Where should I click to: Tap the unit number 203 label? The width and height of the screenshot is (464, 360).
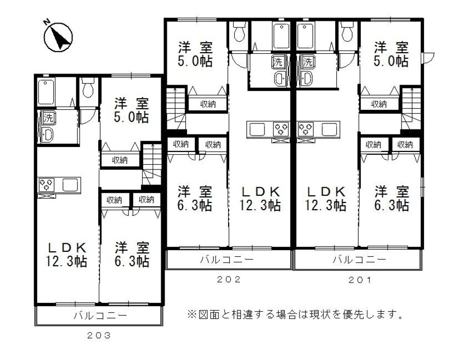coord(99,335)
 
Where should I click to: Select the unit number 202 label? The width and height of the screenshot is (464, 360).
coord(229,279)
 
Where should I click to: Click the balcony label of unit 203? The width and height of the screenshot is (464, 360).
coord(100,316)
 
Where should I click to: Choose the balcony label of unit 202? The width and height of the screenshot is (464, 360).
coord(229,259)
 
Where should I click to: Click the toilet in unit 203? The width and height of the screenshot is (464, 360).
coord(88,88)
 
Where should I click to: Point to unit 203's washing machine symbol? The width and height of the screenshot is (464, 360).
coord(48,117)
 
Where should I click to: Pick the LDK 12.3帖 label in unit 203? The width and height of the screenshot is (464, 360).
coord(66,254)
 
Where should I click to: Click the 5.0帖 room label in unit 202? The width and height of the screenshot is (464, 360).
coord(195,53)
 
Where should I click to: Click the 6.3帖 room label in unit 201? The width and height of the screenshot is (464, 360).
coord(392,198)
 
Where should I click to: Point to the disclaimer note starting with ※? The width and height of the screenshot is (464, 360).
coord(296,315)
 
